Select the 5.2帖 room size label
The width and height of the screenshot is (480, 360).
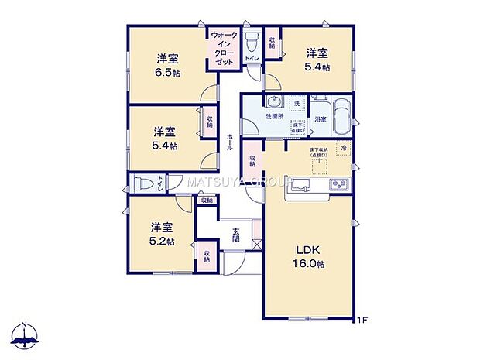pos(161,242)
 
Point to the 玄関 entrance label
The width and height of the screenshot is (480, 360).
pos(235,233)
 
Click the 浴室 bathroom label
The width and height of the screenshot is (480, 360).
pos(320,118)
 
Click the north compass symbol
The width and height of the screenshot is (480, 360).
pos(25,334)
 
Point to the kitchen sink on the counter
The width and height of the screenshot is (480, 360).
pos(300,184)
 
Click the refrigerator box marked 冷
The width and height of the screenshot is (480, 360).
pos(341,149)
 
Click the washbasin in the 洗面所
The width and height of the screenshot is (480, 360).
pos(272,102)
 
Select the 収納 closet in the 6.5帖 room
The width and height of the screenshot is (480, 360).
pos(210,122)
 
